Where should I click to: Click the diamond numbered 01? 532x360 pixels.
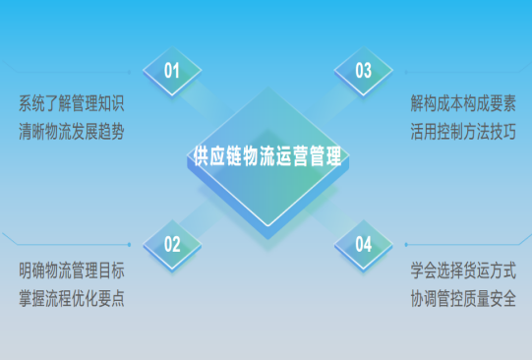[172, 70]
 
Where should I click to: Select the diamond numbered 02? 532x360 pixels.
[172, 244]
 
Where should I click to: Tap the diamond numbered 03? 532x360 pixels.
[363, 70]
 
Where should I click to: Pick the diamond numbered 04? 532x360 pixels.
[363, 244]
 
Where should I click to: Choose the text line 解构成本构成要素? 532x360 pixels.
[463, 101]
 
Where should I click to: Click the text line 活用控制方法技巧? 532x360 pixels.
[463, 131]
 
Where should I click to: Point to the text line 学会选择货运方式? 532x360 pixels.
[463, 270]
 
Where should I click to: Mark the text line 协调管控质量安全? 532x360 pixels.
[463, 299]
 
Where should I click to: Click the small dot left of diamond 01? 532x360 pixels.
[130, 71]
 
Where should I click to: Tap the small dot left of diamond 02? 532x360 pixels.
[130, 244]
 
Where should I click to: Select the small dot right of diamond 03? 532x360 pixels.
[405, 71]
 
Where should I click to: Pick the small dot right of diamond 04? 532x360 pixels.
[405, 244]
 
